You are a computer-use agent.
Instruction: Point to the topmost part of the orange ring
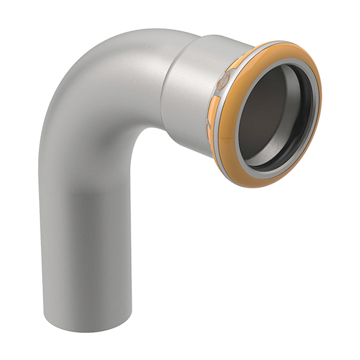click(277, 43)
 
